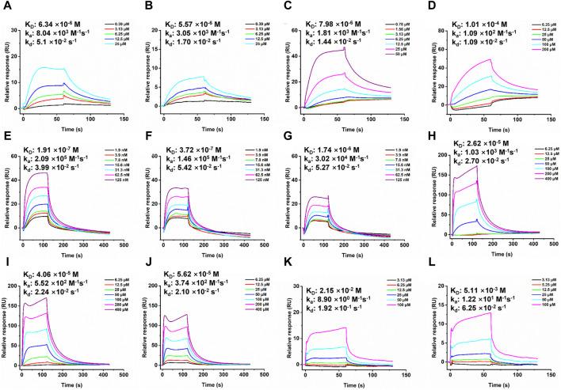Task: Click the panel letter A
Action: [x=6, y=7]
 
